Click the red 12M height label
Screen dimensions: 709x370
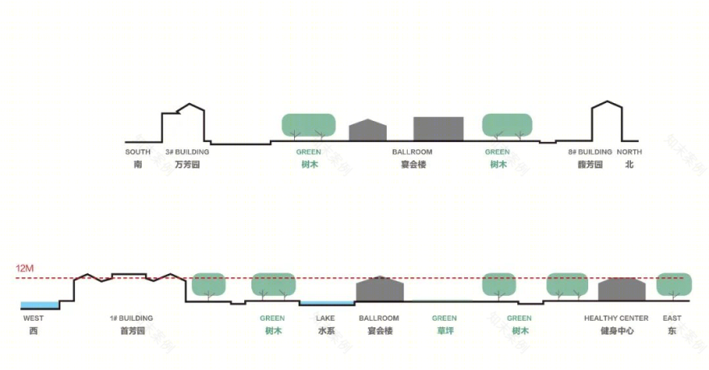tap(24, 268)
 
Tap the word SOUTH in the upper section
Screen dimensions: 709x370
tap(138, 152)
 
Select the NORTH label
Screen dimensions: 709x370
tap(629, 152)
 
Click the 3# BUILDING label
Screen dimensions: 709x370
tap(187, 152)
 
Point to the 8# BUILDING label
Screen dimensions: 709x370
tap(590, 152)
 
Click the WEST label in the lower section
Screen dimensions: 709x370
tap(34, 318)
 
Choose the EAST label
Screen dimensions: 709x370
tap(672, 318)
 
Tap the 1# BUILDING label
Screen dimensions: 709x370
tap(131, 318)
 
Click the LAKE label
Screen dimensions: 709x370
tap(325, 318)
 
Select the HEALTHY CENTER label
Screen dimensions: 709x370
tap(616, 318)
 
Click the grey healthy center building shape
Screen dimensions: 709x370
tap(622, 290)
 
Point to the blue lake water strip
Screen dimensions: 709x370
tap(327, 303)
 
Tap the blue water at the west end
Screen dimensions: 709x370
tap(39, 305)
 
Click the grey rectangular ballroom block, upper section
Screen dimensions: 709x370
tap(438, 129)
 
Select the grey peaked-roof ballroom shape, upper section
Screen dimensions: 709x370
tap(367, 131)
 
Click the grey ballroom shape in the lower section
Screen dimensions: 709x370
tap(379, 290)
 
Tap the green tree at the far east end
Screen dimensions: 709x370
tap(674, 285)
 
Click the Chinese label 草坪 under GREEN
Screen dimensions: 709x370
tap(445, 331)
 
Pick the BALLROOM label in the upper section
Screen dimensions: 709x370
tap(412, 152)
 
